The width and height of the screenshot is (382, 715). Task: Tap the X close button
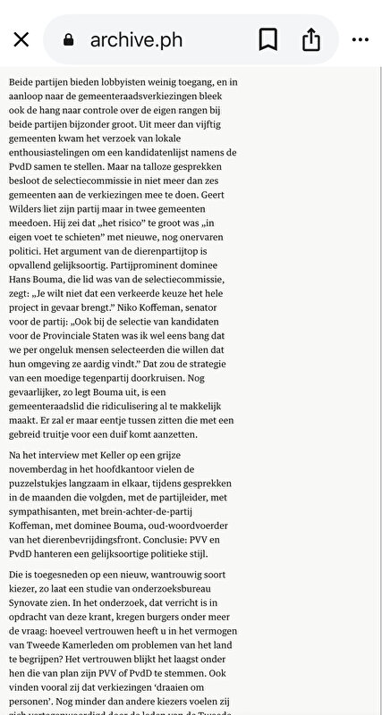(x=21, y=39)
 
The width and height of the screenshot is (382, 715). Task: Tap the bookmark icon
(x=267, y=39)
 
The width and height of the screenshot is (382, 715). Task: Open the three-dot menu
(x=360, y=39)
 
